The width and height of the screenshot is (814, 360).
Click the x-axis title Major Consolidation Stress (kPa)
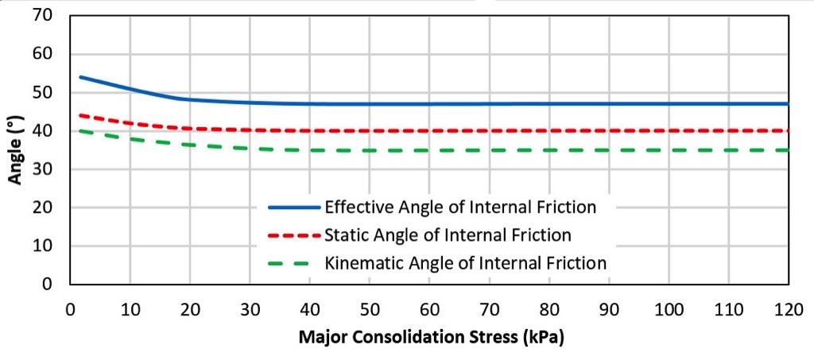pos(431,337)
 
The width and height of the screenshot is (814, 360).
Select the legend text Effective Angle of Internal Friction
pos(459,207)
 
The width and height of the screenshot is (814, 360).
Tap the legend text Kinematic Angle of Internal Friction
pos(466,262)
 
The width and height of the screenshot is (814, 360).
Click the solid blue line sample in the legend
pos(294,207)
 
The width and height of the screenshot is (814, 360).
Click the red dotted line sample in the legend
pos(294,235)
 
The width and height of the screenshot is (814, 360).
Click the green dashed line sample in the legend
pos(294,262)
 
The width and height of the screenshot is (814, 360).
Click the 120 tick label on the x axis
pos(788,307)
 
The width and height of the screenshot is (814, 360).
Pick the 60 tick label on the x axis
pos(429,307)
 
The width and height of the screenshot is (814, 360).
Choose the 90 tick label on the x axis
pos(609,307)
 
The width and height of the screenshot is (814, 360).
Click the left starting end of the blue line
pos(81,77)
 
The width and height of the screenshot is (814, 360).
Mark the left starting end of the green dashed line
pos(81,130)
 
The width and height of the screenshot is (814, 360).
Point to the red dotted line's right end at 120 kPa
pos(787,130)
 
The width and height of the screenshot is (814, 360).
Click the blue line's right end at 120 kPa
pos(787,103)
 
